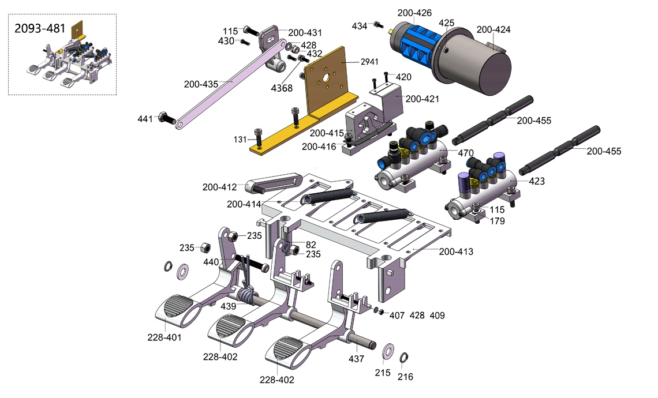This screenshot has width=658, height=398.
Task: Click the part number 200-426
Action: [414, 13]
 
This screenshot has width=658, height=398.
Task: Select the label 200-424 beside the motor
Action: [493, 29]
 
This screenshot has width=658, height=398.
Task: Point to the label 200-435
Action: [201, 84]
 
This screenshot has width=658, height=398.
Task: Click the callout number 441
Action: [145, 119]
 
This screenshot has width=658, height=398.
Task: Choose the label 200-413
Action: [456, 251]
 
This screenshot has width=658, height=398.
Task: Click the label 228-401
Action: [164, 337]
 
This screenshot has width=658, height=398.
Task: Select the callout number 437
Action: [356, 359]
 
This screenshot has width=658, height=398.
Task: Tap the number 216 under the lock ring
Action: [405, 377]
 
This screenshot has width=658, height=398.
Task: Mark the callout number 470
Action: [465, 153]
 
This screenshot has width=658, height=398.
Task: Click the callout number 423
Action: [537, 181]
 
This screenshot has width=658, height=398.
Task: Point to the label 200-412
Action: [219, 187]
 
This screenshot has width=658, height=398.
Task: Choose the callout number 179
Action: [498, 221]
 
